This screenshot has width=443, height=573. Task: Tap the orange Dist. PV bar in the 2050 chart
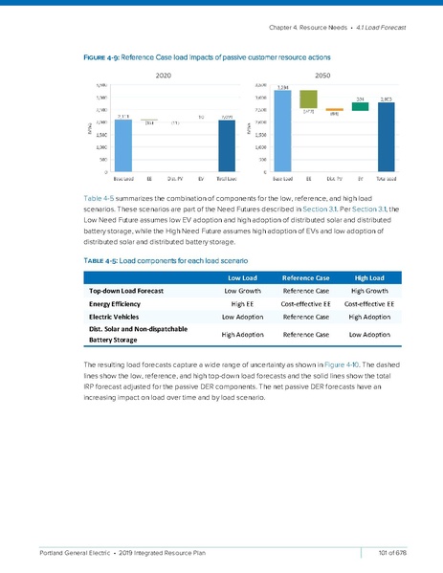pyautogui.click(x=334, y=110)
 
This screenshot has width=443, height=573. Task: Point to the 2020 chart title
pyautogui.click(x=163, y=74)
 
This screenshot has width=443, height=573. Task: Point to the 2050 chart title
pyautogui.click(x=334, y=74)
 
